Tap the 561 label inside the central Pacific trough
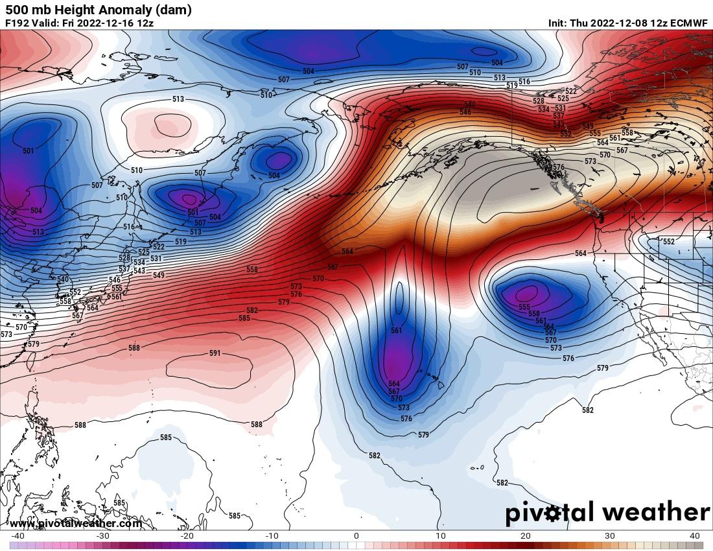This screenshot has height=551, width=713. coord(397,331)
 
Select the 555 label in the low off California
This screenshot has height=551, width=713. coord(524,307)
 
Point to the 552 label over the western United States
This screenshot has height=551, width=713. coord(669,241)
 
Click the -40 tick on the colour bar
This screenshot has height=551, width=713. coord(18,535)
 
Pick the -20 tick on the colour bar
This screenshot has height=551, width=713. coord(187,535)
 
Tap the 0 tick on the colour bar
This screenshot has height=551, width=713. coord(356,535)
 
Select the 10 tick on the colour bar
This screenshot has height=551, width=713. coord(441,535)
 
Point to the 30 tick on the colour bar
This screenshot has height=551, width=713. coord(610,535)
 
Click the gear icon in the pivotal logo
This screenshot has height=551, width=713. coord(553,514)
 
